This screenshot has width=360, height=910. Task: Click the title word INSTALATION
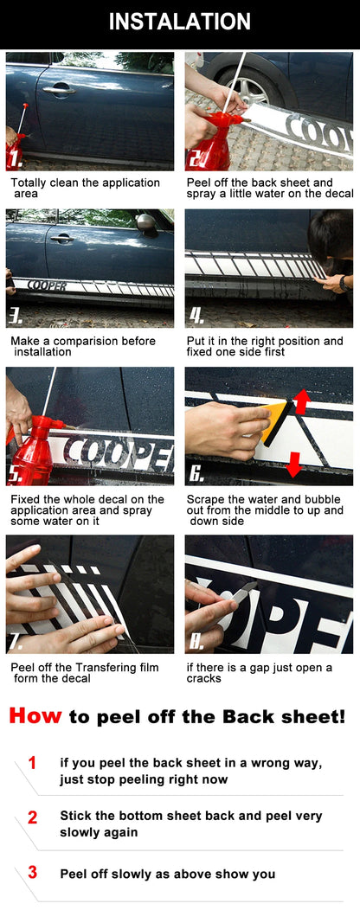[x=180, y=22]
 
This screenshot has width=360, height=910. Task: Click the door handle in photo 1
[x=59, y=88]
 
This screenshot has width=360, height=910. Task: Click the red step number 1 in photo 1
[x=15, y=157]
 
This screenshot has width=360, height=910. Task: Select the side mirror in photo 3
[x=146, y=222]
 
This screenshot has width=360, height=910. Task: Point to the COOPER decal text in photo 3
[x=47, y=285]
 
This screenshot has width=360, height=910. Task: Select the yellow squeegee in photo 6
[x=273, y=420]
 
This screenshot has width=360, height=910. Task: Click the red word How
[x=35, y=715]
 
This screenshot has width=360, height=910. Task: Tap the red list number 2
[x=33, y=817]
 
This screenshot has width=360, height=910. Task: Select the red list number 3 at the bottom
[x=33, y=872]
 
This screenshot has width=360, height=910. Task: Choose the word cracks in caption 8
[x=204, y=678]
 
